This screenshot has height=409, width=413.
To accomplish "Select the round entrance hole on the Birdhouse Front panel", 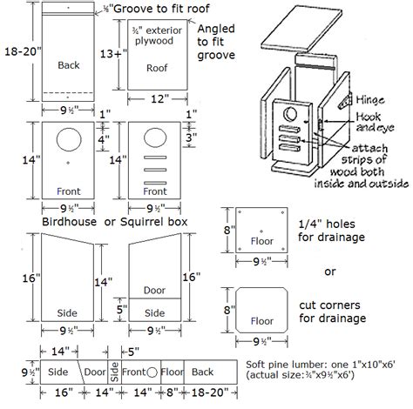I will (x=67, y=139).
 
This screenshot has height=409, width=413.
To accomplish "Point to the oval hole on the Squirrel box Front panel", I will (x=155, y=139).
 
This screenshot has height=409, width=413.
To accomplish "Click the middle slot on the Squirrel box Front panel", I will (x=155, y=170).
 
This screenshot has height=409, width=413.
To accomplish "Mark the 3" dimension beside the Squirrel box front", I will (x=194, y=137).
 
